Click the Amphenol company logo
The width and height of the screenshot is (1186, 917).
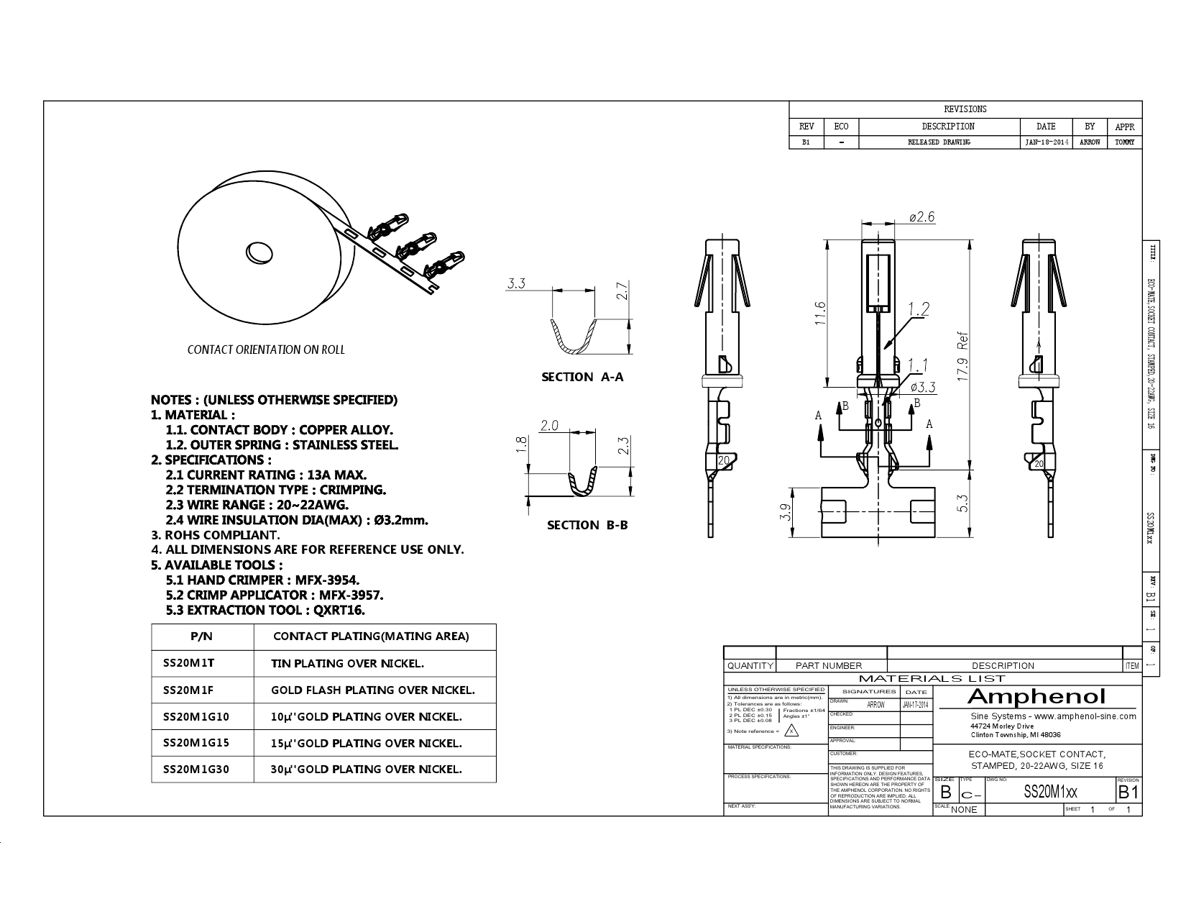(x=1036, y=696)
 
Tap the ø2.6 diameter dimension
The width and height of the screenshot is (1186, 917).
(x=921, y=217)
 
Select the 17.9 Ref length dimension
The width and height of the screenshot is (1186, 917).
(x=964, y=357)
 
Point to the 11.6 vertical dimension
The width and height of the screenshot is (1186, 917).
(x=820, y=313)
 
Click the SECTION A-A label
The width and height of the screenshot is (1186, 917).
(x=582, y=377)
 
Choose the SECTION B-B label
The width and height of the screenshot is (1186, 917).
(x=587, y=525)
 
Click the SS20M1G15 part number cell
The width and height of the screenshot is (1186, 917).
(x=196, y=742)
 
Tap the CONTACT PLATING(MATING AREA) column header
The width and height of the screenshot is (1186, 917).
(x=371, y=636)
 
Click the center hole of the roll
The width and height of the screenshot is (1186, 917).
(x=259, y=252)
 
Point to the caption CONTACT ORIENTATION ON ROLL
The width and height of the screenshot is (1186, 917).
(x=266, y=350)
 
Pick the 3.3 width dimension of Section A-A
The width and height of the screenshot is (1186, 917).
(x=516, y=283)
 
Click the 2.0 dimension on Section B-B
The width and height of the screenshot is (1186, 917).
(x=549, y=425)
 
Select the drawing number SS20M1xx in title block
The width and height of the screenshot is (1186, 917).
(x=1050, y=793)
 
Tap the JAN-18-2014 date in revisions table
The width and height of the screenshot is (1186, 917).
(x=1046, y=142)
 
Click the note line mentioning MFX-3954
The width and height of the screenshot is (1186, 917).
(x=262, y=580)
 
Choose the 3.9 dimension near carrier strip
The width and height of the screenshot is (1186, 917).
(x=785, y=512)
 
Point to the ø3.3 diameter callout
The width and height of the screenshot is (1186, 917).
(x=923, y=387)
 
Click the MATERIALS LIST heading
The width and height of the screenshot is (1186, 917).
(x=932, y=678)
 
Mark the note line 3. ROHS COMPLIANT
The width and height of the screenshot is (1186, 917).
(x=215, y=534)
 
